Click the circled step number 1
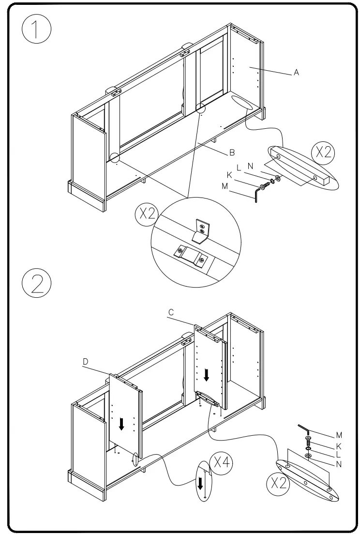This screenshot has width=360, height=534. [x=36, y=29]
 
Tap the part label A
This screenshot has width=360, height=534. [x=296, y=73]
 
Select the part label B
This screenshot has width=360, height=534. [x=232, y=153]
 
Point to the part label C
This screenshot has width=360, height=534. [x=171, y=313]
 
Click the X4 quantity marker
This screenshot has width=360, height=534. [x=221, y=464]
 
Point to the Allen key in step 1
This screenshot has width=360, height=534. [x=256, y=196]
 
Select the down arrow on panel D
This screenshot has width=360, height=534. [x=121, y=424]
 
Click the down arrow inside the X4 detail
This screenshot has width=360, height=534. [x=200, y=483]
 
